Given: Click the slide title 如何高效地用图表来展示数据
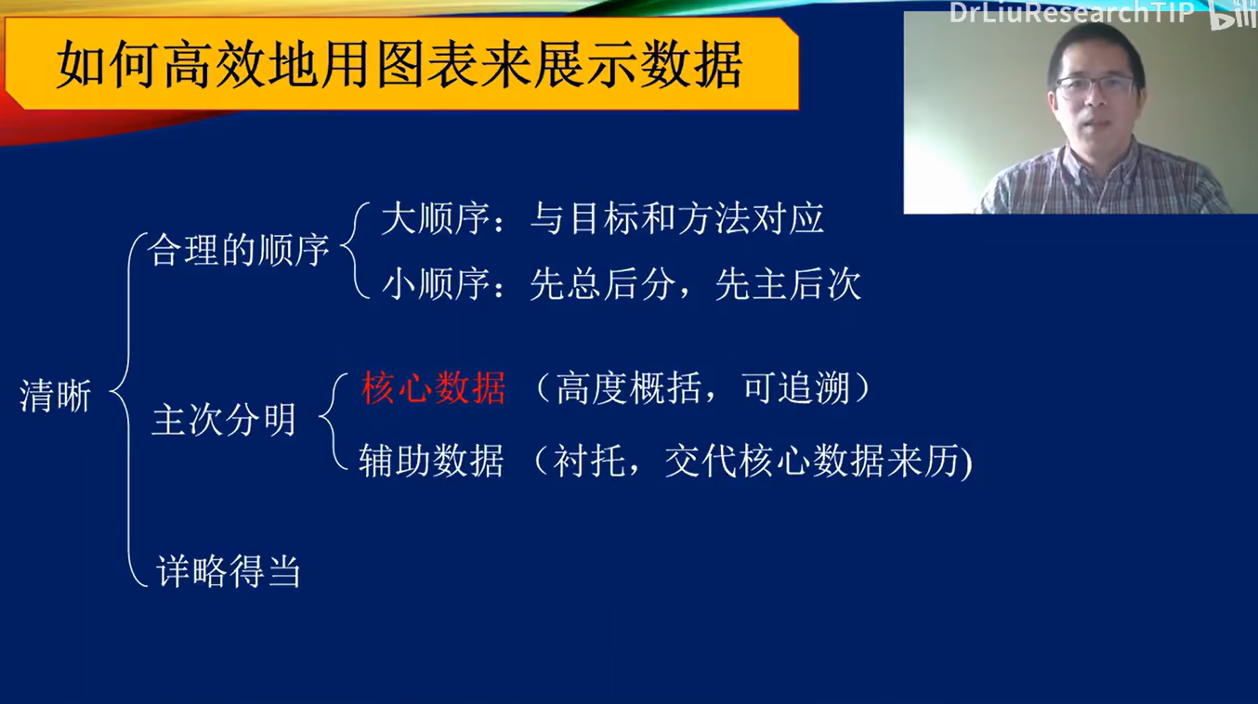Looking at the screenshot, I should click(x=400, y=65).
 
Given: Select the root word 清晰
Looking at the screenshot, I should click(x=56, y=398).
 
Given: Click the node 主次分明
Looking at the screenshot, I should click(x=224, y=420).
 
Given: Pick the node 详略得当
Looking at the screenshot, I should click(x=229, y=570).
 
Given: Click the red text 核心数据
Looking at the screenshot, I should click(x=433, y=388).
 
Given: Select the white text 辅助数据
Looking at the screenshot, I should click(x=431, y=461).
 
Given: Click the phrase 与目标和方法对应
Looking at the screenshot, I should click(x=676, y=220).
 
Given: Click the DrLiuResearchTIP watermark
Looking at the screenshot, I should click(x=1071, y=13).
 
